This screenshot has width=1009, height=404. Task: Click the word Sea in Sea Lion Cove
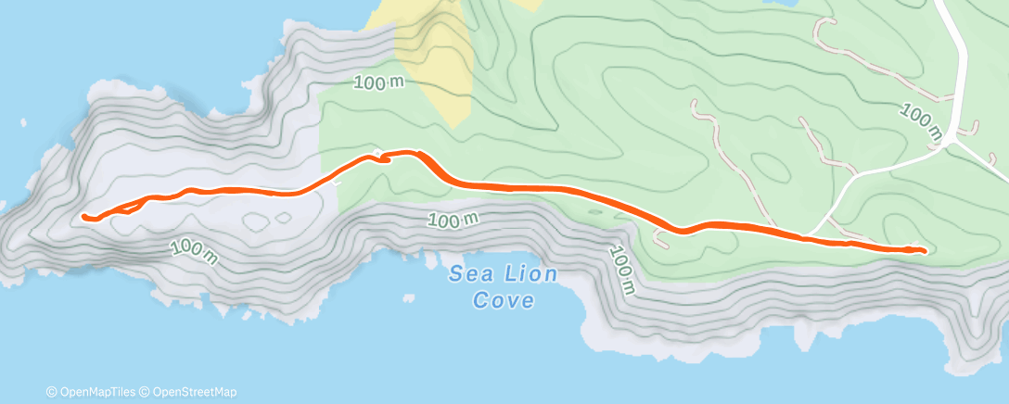(x=468, y=273)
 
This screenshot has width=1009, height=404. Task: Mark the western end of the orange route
(x=84, y=217)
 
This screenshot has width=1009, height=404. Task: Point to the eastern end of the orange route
(x=924, y=249)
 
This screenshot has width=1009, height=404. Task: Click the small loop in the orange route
(x=380, y=158)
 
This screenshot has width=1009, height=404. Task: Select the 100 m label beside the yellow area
(x=380, y=82)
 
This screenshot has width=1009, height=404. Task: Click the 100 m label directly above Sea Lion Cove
(x=453, y=221)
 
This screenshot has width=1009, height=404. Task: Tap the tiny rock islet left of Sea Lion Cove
(x=408, y=298)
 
